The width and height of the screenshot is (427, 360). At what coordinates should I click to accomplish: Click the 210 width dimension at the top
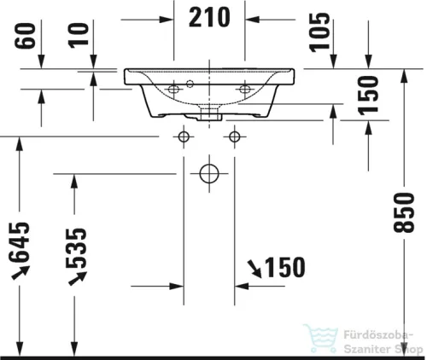coord(208,18)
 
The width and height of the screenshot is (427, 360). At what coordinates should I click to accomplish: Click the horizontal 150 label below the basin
coord(285,268)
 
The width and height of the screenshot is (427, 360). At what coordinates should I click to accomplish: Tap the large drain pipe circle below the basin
coord(208,173)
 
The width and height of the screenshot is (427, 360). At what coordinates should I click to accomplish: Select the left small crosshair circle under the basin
coord(184,136)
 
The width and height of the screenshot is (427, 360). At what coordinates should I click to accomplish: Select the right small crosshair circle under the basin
coord(235,136)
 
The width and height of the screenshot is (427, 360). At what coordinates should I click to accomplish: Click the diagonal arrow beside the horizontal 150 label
coord(254,268)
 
